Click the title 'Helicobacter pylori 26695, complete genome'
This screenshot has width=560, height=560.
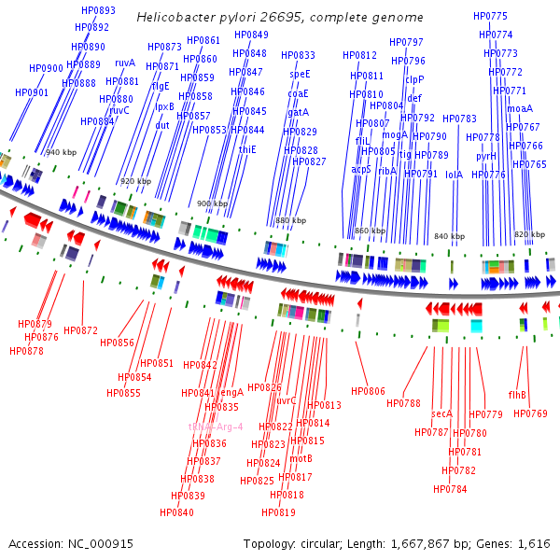click(279, 18)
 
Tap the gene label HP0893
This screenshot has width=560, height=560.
click(98, 10)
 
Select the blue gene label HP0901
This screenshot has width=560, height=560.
click(31, 92)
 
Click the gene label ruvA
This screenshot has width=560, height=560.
click(125, 63)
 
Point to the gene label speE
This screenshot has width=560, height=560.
click(300, 74)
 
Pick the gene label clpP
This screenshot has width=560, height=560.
click(414, 79)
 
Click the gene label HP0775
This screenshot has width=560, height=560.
click(490, 16)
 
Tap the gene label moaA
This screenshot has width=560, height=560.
click(520, 109)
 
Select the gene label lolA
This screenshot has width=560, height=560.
click(454, 174)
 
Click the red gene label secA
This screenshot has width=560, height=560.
click(441, 413)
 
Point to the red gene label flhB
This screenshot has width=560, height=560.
click(517, 394)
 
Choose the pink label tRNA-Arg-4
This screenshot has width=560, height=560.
click(216, 427)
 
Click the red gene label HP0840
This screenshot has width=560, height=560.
click(176, 512)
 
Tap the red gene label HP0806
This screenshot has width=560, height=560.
click(368, 391)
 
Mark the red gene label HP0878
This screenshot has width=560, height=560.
click(26, 351)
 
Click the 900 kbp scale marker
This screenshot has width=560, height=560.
click(209, 203)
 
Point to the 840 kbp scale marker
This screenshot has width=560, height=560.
click(449, 236)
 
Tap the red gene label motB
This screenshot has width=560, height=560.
click(301, 458)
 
